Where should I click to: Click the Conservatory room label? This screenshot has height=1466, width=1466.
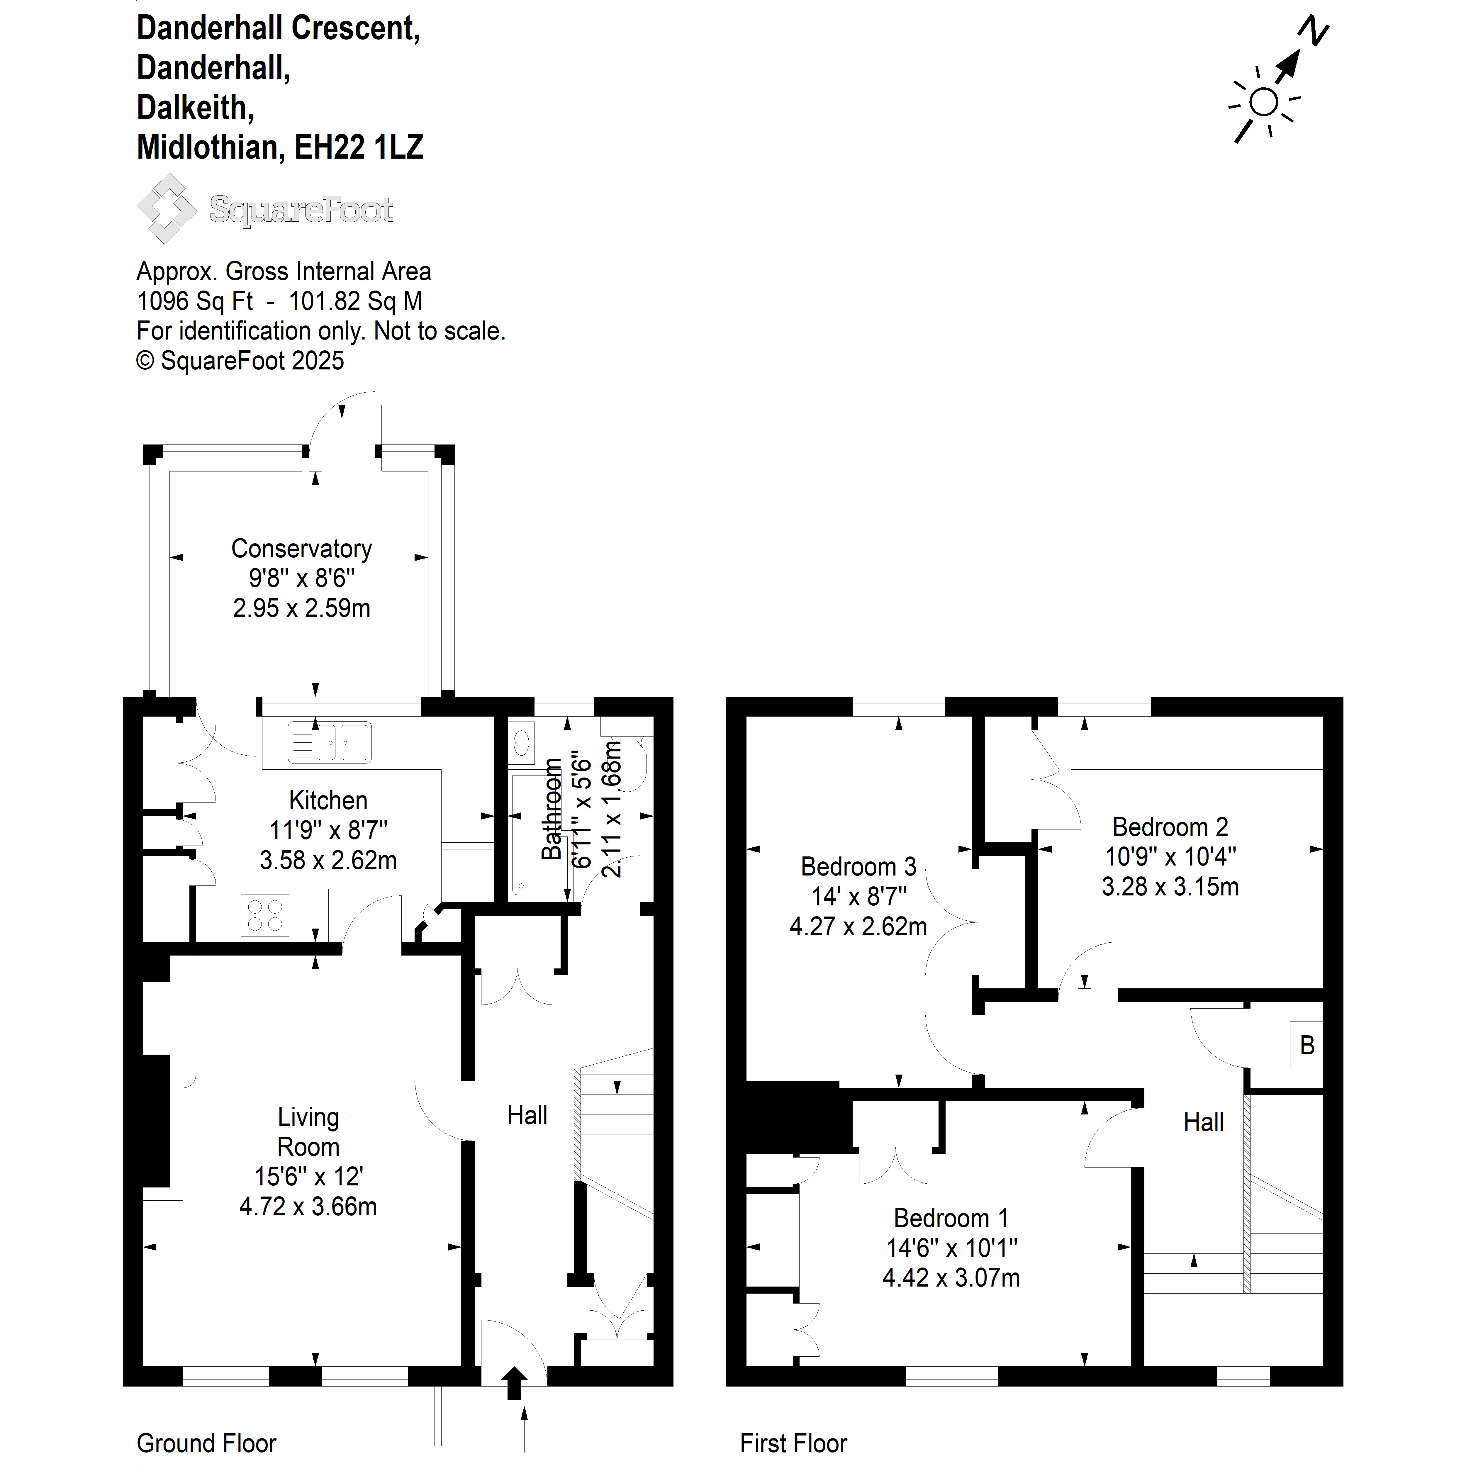pyautogui.click(x=301, y=549)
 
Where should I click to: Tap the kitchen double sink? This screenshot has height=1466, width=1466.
pyautogui.click(x=329, y=741)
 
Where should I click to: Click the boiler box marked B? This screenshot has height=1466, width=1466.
pyautogui.click(x=1307, y=1045)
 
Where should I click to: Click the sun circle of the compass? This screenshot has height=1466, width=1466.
pyautogui.click(x=1263, y=102)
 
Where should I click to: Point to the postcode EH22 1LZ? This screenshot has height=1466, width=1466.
pyautogui.click(x=359, y=146)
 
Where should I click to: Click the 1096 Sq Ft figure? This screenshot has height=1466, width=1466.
pyautogui.click(x=195, y=301)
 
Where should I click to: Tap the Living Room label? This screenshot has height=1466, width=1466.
pyautogui.click(x=308, y=1131)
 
